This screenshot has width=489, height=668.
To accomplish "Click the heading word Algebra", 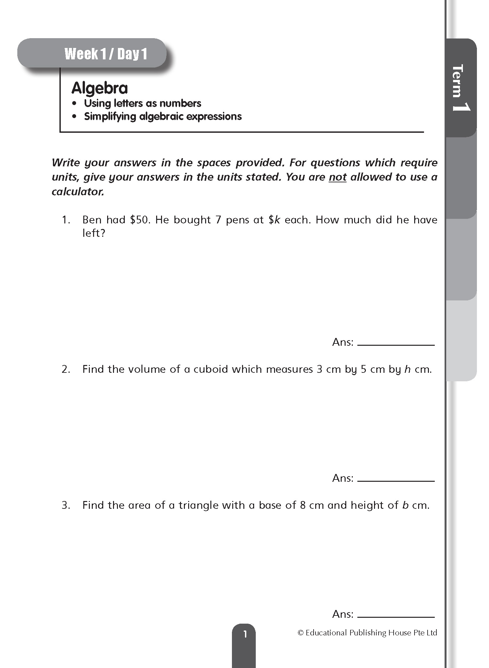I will (99, 88).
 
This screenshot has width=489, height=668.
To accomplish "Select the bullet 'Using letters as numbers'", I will (142, 103).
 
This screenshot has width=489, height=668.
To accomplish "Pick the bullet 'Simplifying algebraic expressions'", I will (163, 116).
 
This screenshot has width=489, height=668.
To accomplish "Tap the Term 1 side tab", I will (461, 88).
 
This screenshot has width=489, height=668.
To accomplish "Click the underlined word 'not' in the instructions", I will (337, 177).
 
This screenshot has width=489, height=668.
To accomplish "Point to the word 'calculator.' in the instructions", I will (78, 191).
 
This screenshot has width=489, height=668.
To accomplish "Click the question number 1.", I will (66, 220).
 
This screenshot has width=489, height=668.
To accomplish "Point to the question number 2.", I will (66, 369).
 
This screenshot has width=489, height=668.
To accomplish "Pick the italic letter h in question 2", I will (407, 369).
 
